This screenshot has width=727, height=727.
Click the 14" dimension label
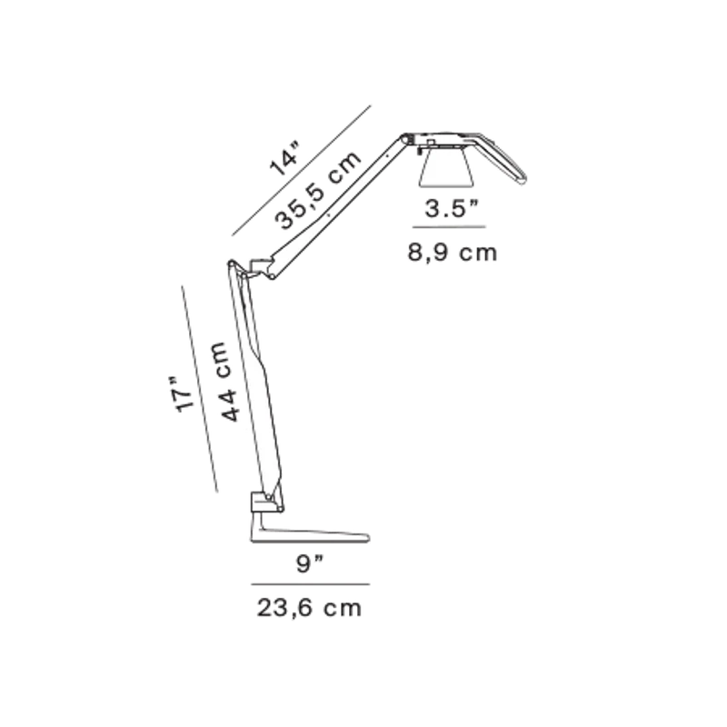(284, 160)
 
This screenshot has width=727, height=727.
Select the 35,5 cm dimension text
(317, 190)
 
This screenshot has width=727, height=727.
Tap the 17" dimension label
(183, 393)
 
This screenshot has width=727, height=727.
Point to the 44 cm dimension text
(226, 382)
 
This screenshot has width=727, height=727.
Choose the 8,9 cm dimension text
(453, 253)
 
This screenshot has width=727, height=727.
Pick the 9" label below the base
(310, 563)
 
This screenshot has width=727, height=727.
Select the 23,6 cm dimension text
(309, 608)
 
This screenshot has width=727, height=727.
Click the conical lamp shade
(446, 168)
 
